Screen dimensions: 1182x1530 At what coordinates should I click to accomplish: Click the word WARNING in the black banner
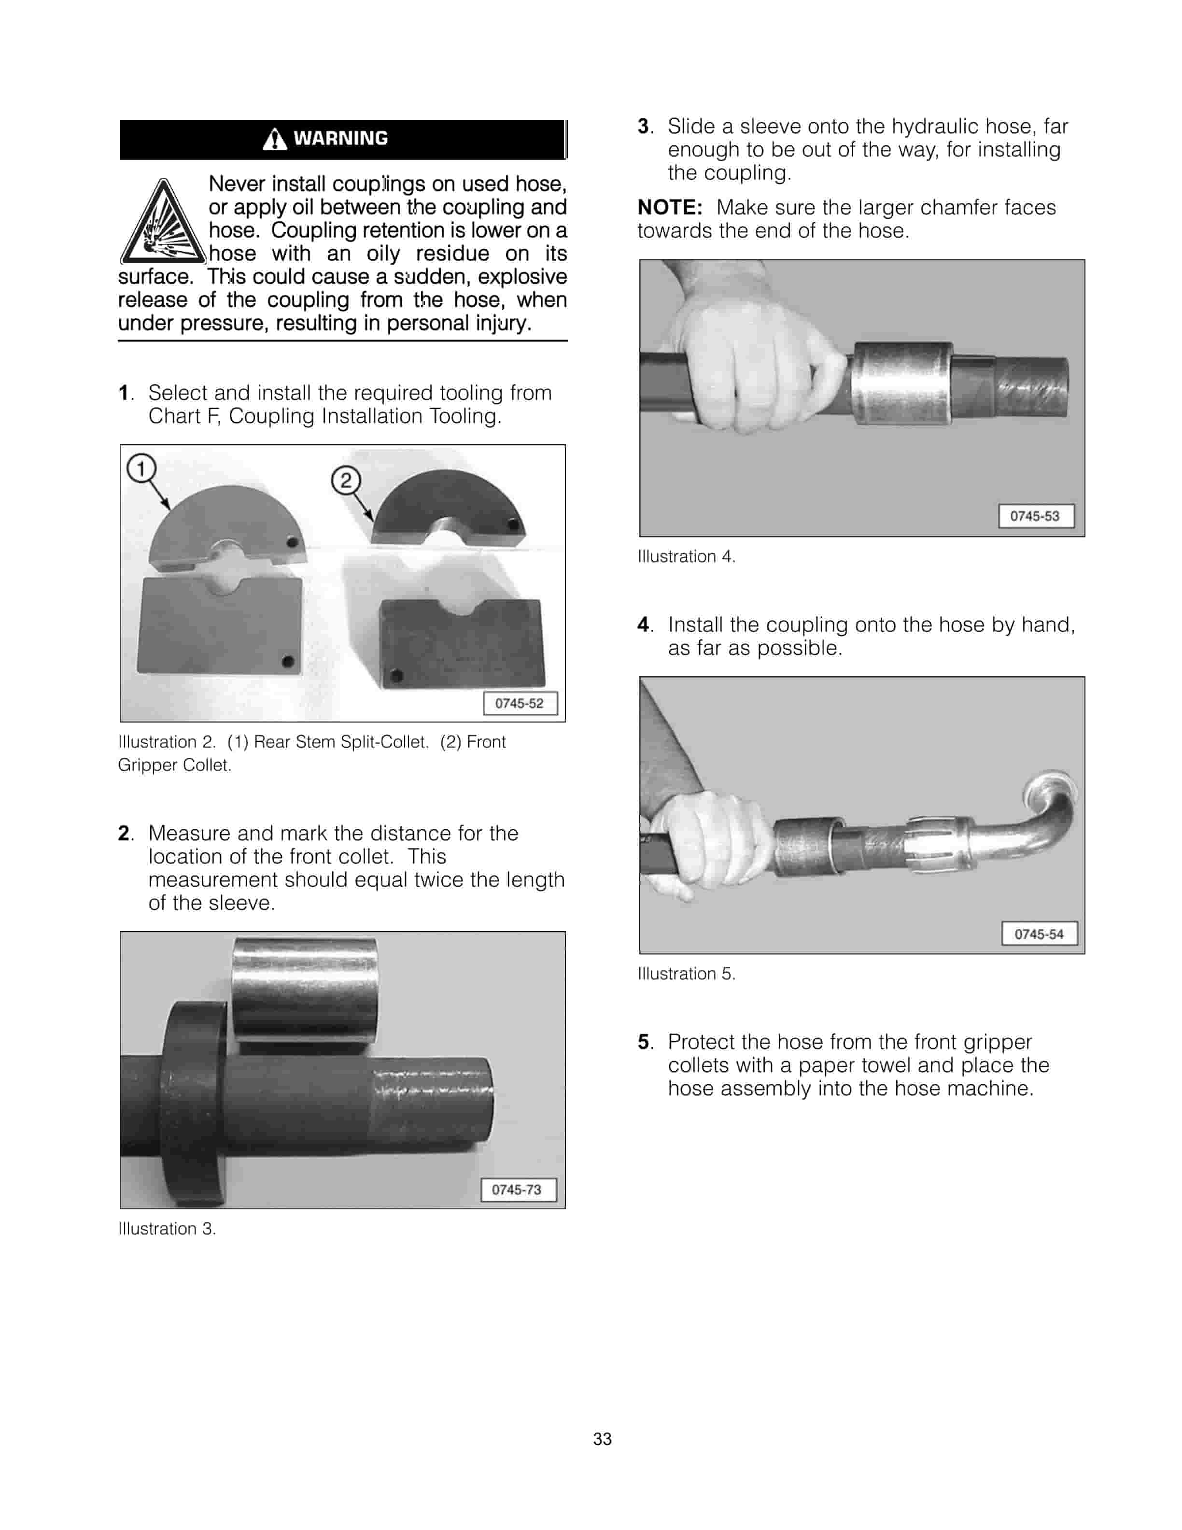pos(340,139)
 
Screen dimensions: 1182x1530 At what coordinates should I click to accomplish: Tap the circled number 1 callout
pos(141,468)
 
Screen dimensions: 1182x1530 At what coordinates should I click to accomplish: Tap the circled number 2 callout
pos(346,481)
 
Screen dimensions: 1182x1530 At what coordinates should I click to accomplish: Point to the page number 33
pos(602,1439)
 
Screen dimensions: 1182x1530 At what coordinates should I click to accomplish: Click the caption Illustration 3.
pos(167,1229)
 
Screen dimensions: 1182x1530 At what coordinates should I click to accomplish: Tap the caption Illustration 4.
pos(686,557)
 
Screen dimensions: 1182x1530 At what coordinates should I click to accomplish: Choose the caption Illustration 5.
pos(686,974)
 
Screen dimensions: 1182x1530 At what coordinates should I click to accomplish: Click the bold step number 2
pos(124,834)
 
